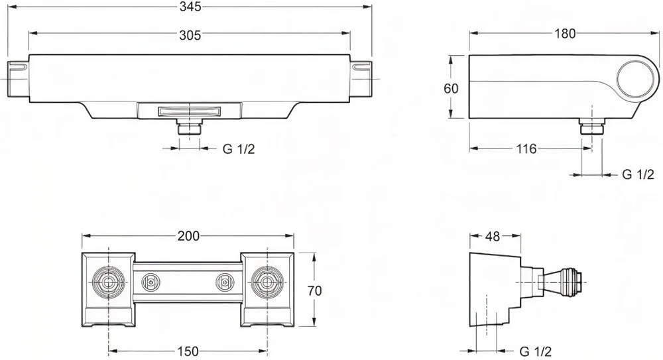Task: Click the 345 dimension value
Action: pyautogui.click(x=190, y=6)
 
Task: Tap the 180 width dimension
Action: pyautogui.click(x=566, y=33)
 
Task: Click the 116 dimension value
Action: pyautogui.click(x=526, y=149)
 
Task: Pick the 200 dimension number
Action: pyautogui.click(x=188, y=236)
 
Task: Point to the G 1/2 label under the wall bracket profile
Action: pyautogui.click(x=535, y=350)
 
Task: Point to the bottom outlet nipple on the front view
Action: pyautogui.click(x=190, y=128)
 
